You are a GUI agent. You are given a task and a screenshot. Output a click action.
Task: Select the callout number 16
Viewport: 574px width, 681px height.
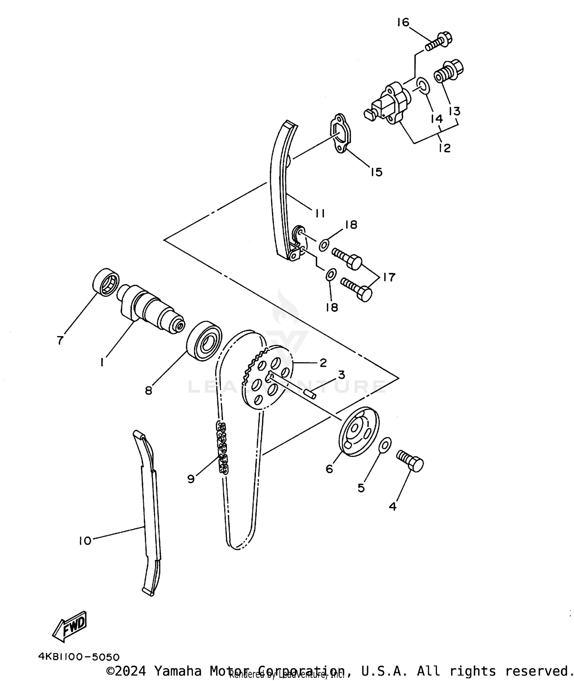tap(403, 23)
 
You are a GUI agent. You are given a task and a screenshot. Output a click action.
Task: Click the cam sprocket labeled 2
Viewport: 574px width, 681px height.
tap(268, 379)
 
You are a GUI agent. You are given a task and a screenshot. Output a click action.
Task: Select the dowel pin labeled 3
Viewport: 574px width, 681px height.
tap(310, 394)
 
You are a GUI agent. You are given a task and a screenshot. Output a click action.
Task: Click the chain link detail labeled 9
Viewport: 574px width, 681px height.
tap(222, 447)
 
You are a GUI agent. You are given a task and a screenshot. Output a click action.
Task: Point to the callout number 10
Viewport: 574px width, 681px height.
tap(85, 541)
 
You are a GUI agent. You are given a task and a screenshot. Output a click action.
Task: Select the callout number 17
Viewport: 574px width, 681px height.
tap(389, 277)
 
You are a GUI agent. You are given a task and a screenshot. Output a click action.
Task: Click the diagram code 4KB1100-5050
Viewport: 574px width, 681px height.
tap(79, 657)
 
